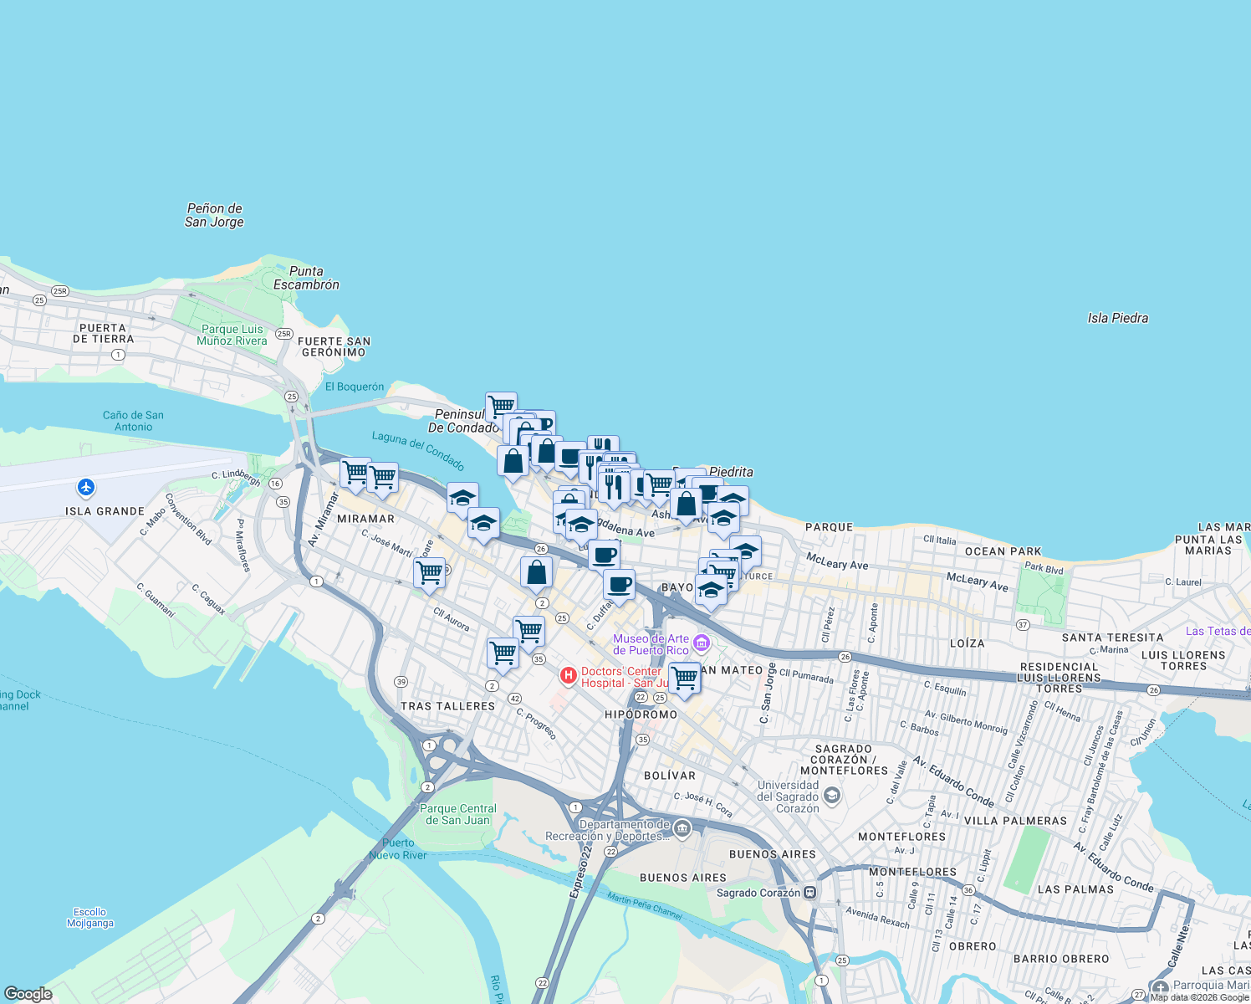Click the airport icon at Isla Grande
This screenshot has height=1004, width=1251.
click(x=85, y=487)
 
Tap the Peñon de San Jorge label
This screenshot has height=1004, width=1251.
click(x=214, y=215)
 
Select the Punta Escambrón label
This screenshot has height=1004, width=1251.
click(x=306, y=278)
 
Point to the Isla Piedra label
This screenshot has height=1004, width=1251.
click(x=1117, y=318)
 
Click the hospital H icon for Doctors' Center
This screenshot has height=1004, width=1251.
click(x=569, y=675)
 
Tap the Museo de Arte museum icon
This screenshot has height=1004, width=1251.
click(x=702, y=643)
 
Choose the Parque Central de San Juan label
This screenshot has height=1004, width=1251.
click(x=457, y=814)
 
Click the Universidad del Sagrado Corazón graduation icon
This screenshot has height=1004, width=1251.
click(x=832, y=795)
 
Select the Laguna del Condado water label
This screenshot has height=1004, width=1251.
click(x=417, y=450)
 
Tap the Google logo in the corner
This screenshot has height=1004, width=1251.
click(x=28, y=994)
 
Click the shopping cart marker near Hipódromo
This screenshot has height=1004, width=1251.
click(x=685, y=678)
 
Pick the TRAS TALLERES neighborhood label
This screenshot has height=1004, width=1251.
click(x=447, y=706)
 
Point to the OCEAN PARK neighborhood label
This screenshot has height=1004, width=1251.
click(x=1003, y=551)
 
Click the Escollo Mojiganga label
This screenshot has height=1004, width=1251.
click(x=89, y=918)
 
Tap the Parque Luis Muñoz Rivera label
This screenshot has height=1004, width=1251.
click(x=232, y=335)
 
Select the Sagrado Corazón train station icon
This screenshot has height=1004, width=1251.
click(x=809, y=892)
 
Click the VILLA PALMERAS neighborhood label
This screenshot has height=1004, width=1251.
click(x=1015, y=821)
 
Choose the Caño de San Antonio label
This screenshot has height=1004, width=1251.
click(x=133, y=421)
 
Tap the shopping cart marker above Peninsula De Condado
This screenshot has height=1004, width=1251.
click(x=501, y=407)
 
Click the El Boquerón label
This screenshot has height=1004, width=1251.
click(x=355, y=387)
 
